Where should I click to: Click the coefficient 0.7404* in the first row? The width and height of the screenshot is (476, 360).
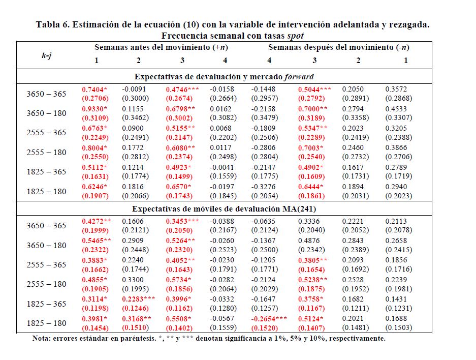[x=94, y=89]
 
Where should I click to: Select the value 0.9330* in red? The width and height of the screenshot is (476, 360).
[x=94, y=109]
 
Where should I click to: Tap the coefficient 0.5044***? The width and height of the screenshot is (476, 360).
[x=314, y=89]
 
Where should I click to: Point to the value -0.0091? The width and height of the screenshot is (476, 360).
[x=134, y=89]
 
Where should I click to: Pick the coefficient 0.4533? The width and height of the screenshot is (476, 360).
[x=396, y=109]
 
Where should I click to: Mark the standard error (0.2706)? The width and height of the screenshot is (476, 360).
[x=94, y=98]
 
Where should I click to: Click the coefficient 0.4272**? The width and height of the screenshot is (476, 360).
[x=96, y=221]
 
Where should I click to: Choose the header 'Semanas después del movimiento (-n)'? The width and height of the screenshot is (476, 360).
[x=338, y=47]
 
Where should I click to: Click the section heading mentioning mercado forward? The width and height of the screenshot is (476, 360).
[x=224, y=77]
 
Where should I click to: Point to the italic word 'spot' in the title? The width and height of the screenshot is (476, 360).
[x=295, y=36]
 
